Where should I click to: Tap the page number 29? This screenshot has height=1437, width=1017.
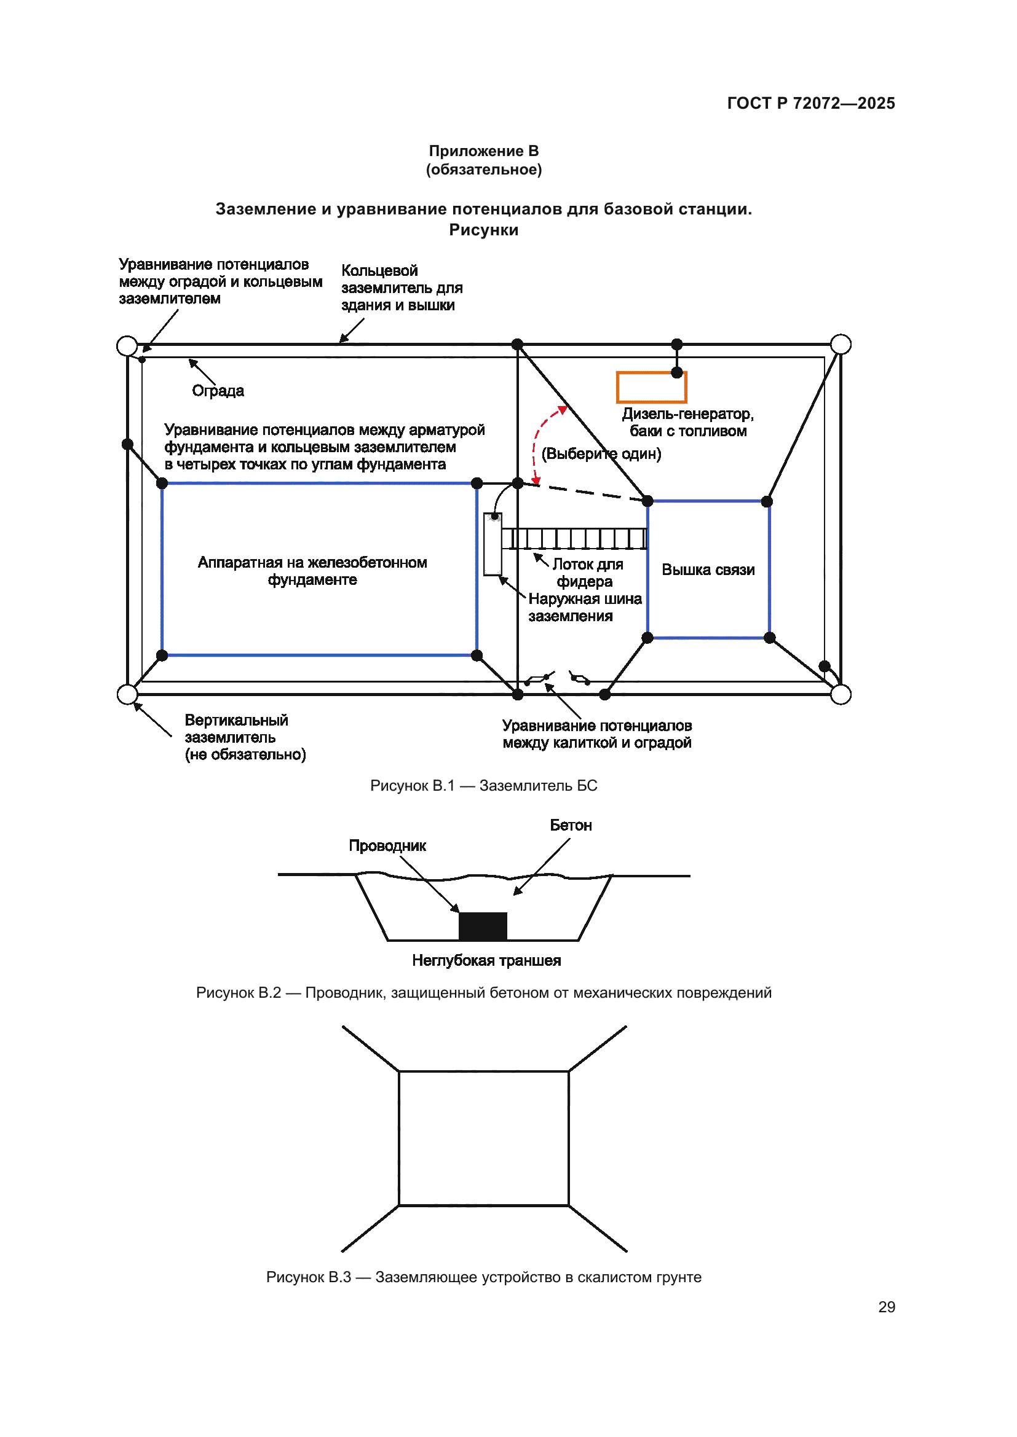[886, 1307]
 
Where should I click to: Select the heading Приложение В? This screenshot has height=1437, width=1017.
[483, 151]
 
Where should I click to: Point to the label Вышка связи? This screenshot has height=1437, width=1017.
[708, 570]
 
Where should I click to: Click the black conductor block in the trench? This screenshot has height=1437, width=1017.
[482, 926]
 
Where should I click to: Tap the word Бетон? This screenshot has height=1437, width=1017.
[571, 825]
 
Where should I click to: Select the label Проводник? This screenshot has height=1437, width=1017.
[387, 845]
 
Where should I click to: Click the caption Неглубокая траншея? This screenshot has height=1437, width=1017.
[486, 960]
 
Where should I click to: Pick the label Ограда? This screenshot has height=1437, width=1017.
[218, 391]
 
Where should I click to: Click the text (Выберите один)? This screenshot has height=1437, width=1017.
[601, 453]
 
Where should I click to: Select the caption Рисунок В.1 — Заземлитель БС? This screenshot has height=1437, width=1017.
[483, 786]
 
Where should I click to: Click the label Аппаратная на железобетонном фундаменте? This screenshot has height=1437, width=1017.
[312, 571]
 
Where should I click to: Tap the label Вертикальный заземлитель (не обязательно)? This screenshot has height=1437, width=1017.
[245, 737]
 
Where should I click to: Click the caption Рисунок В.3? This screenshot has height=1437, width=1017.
[483, 1277]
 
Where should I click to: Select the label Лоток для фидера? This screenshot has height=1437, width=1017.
[587, 573]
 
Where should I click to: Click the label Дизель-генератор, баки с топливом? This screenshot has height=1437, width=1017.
[687, 423]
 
